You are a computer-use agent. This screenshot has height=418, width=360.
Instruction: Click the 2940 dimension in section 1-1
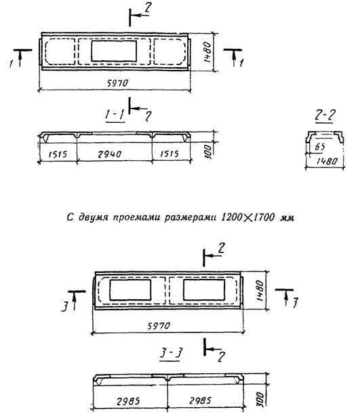[x=109, y=154]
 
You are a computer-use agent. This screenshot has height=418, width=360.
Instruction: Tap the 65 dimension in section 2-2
[x=319, y=147]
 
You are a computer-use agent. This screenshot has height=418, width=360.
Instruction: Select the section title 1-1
[x=115, y=115]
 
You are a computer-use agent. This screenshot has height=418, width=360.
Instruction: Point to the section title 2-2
[x=325, y=115]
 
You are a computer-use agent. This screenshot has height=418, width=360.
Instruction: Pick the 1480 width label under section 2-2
[x=327, y=161]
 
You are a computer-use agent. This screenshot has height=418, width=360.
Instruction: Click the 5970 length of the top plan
[x=117, y=83]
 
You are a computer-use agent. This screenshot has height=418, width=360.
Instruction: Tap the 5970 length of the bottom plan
[x=159, y=326]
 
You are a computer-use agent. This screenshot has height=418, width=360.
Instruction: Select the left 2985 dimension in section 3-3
[x=128, y=401]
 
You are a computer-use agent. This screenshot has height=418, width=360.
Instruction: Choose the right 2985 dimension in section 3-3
[x=201, y=400]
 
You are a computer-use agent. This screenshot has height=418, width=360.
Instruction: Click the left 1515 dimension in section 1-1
[x=58, y=154]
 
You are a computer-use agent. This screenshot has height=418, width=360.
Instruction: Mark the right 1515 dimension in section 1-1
[x=169, y=154]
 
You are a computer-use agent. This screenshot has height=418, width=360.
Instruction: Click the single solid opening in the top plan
[x=114, y=51]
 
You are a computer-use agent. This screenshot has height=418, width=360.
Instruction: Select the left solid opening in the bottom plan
[x=130, y=290]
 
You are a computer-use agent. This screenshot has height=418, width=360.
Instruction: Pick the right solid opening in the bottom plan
[x=204, y=290]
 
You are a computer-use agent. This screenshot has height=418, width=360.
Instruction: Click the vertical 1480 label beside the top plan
[x=207, y=52]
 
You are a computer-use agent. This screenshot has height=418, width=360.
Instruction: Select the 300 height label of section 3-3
[x=261, y=399]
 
